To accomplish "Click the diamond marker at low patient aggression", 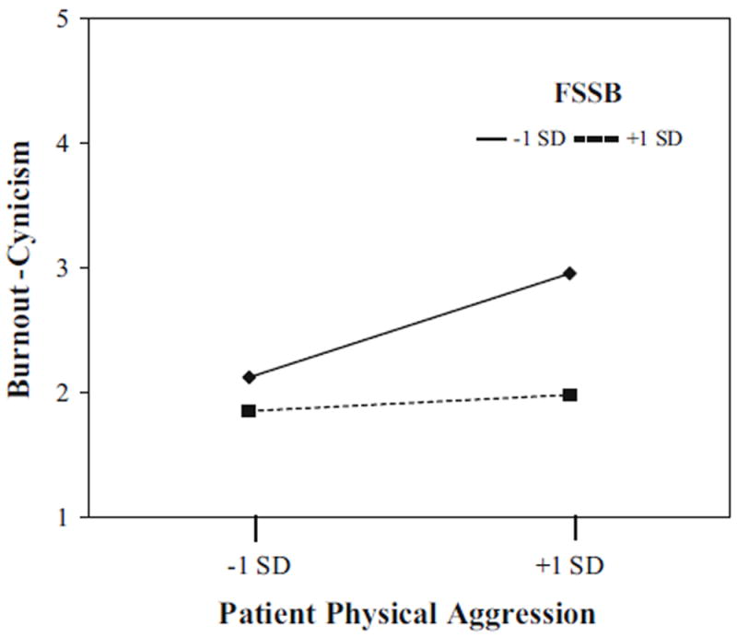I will [249, 376].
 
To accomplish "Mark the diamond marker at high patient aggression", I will [570, 273].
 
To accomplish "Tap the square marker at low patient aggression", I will [249, 410].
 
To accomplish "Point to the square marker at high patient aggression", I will [570, 395].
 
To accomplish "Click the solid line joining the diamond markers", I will [410, 325].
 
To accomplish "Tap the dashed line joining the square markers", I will [410, 403].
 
